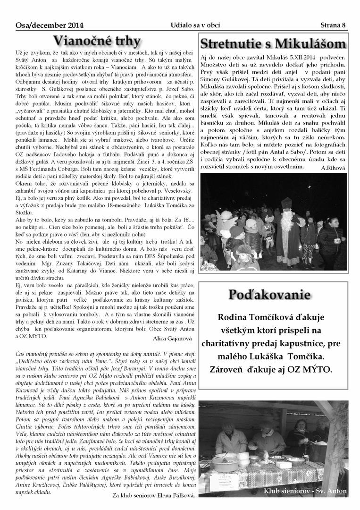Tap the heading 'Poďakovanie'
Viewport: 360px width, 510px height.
(269, 295)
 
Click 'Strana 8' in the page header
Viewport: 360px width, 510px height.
(333, 25)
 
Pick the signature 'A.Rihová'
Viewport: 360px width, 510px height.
(333, 167)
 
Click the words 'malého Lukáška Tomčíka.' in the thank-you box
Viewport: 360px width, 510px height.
(275, 355)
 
